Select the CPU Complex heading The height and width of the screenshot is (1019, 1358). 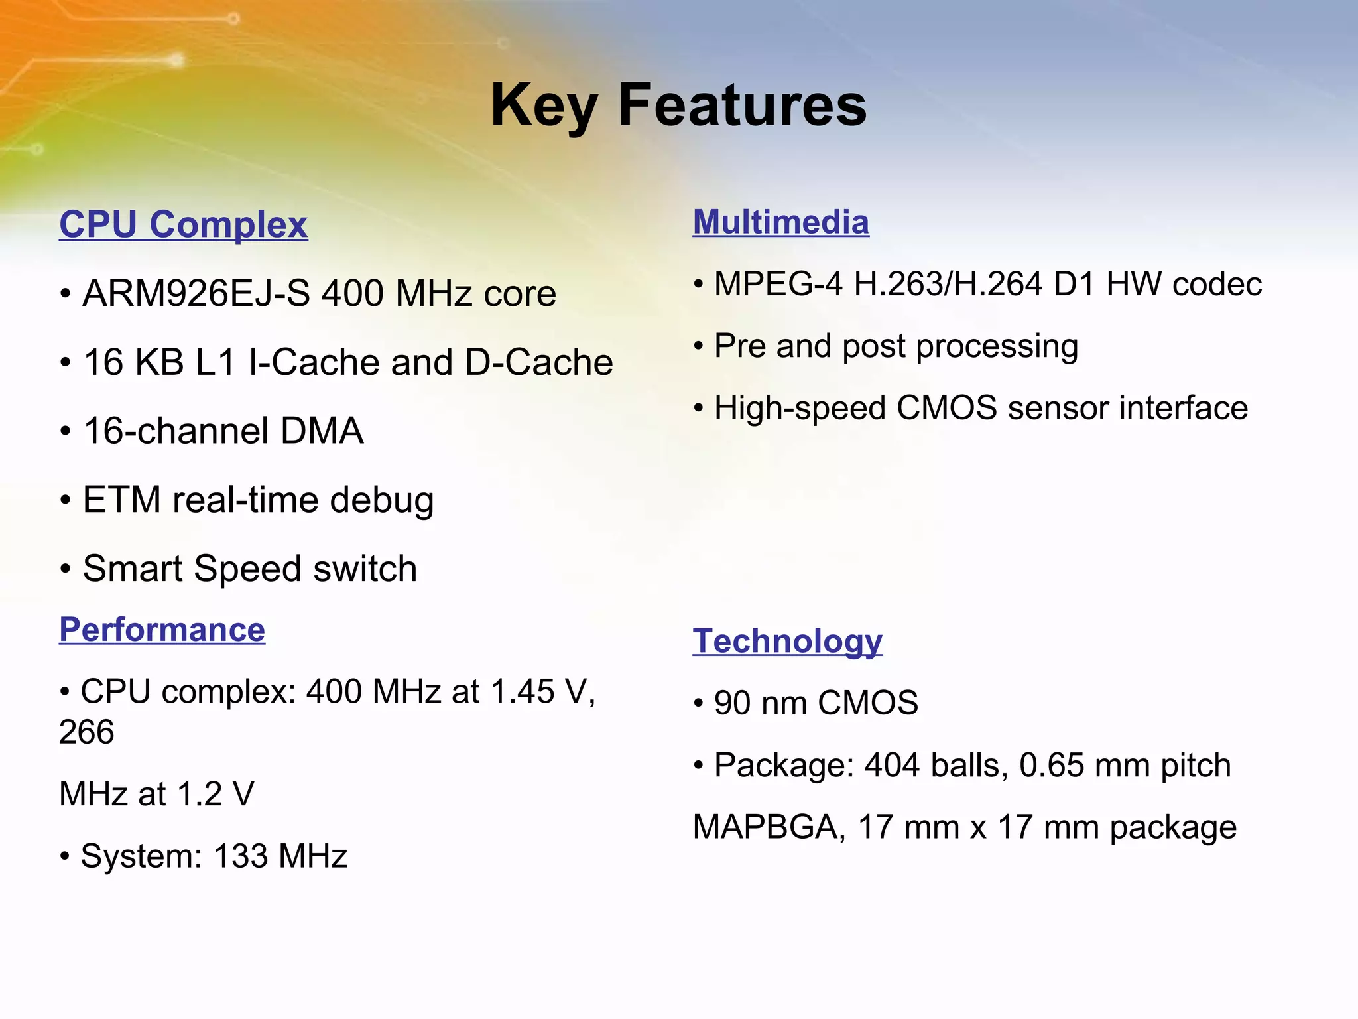(x=183, y=224)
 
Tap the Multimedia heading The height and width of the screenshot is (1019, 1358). (x=780, y=222)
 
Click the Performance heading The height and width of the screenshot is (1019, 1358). (x=162, y=630)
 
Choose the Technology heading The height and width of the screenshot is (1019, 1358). (x=787, y=642)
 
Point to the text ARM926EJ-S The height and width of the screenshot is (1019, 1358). (x=196, y=293)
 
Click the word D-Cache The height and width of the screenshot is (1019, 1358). (x=538, y=362)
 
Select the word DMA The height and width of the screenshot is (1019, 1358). (x=322, y=431)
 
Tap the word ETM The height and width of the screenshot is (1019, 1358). (x=121, y=500)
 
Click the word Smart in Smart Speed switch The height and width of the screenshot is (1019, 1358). (x=132, y=569)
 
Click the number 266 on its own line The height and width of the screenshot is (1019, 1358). (x=86, y=732)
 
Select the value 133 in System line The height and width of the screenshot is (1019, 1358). (x=241, y=856)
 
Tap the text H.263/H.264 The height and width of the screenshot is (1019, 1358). (x=948, y=284)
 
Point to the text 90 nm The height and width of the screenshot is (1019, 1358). (x=760, y=703)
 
